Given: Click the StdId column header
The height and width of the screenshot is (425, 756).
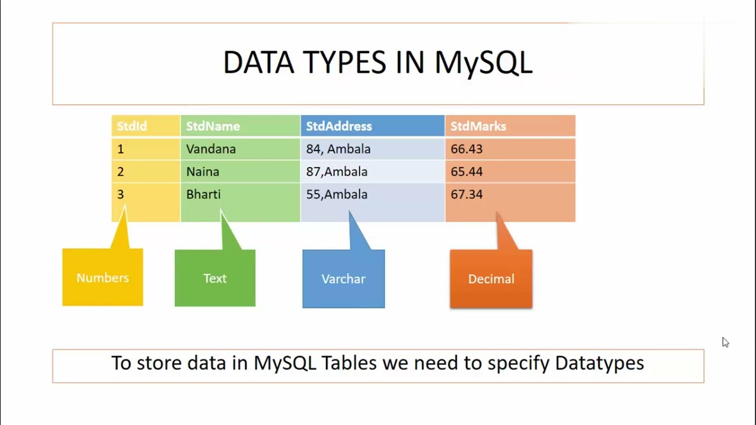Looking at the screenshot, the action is tap(146, 126).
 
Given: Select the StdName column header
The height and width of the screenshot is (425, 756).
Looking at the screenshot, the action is tap(240, 126).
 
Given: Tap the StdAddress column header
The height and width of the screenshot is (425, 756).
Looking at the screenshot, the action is tap(373, 126).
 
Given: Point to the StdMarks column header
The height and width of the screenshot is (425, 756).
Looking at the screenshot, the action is tap(510, 126).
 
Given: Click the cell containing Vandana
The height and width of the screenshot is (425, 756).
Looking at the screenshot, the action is tap(240, 149).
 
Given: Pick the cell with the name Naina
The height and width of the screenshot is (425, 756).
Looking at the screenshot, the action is tap(240, 172).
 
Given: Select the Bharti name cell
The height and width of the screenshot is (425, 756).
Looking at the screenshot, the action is tap(240, 194).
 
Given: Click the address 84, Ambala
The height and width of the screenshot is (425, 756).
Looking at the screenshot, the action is tap(338, 149).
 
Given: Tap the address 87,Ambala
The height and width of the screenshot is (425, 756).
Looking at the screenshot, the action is tap(337, 172).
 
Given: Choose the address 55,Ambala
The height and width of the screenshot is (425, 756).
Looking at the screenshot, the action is tap(337, 194).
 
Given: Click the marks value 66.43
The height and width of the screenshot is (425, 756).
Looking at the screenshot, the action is tap(467, 149).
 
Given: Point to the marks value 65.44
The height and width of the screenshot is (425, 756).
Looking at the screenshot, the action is tap(467, 172).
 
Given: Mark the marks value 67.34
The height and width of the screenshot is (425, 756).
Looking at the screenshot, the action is tap(467, 194).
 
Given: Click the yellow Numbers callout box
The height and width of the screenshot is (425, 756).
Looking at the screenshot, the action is tap(103, 277).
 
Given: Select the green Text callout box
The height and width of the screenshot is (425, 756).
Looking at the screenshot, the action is tap(215, 278).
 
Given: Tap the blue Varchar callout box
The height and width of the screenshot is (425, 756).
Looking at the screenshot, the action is tap(344, 279).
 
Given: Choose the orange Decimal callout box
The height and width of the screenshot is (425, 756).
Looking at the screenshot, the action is tap(491, 279).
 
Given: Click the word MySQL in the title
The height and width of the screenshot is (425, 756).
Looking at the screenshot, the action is tap(483, 63).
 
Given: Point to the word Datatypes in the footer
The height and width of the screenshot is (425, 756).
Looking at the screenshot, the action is tap(599, 364).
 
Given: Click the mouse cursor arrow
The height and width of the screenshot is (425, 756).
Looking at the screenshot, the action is tap(726, 342).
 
